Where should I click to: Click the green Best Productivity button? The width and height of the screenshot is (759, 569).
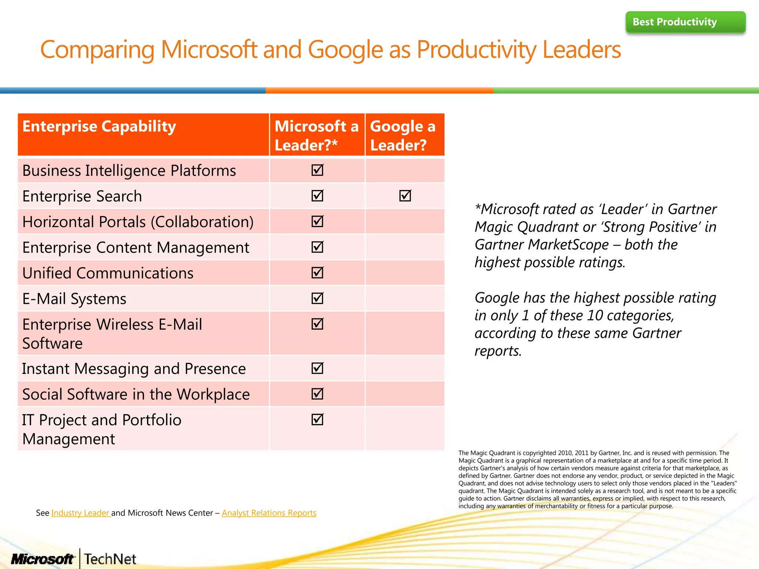point(685,22)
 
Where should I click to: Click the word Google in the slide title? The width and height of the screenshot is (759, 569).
point(345,50)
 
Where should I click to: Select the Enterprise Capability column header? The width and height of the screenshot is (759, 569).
point(99,127)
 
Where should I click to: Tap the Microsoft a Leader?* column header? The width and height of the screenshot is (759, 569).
point(317,135)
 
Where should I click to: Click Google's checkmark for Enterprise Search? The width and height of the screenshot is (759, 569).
point(405,196)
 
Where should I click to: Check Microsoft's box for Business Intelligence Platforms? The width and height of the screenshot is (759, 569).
point(318,170)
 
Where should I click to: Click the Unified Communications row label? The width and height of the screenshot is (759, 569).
point(108,273)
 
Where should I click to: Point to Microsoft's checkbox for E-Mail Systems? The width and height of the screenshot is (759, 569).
point(318,298)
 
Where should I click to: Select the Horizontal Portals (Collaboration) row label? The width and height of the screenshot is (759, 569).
point(138,222)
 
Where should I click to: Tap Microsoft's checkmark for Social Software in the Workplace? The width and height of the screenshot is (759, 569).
point(318,394)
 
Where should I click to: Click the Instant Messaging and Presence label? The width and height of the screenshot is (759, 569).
point(134,369)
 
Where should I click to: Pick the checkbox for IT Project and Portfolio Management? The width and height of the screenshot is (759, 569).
point(318,419)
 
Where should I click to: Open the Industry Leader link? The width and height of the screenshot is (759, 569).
point(80,513)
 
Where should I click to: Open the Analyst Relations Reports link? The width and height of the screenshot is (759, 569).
point(269,513)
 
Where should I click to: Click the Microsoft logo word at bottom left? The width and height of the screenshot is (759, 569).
point(43,559)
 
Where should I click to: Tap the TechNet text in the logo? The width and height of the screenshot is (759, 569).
point(110,559)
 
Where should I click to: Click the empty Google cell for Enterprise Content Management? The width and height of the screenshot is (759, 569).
point(405,247)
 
